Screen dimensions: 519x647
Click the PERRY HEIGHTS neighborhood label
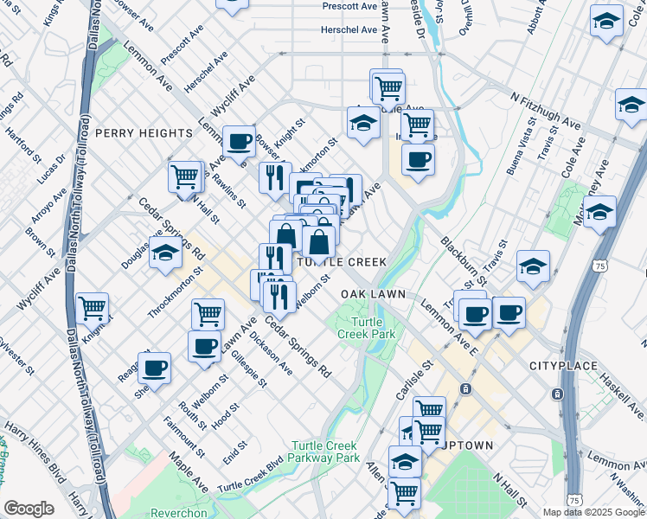point(144,133)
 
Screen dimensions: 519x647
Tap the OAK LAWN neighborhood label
point(373,294)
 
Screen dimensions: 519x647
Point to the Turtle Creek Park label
point(365,327)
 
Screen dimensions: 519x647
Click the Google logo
point(29,509)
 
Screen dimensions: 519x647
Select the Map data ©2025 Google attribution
point(593,512)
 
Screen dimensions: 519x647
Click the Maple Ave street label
point(188,469)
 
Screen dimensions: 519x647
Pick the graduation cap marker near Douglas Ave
point(166,252)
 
